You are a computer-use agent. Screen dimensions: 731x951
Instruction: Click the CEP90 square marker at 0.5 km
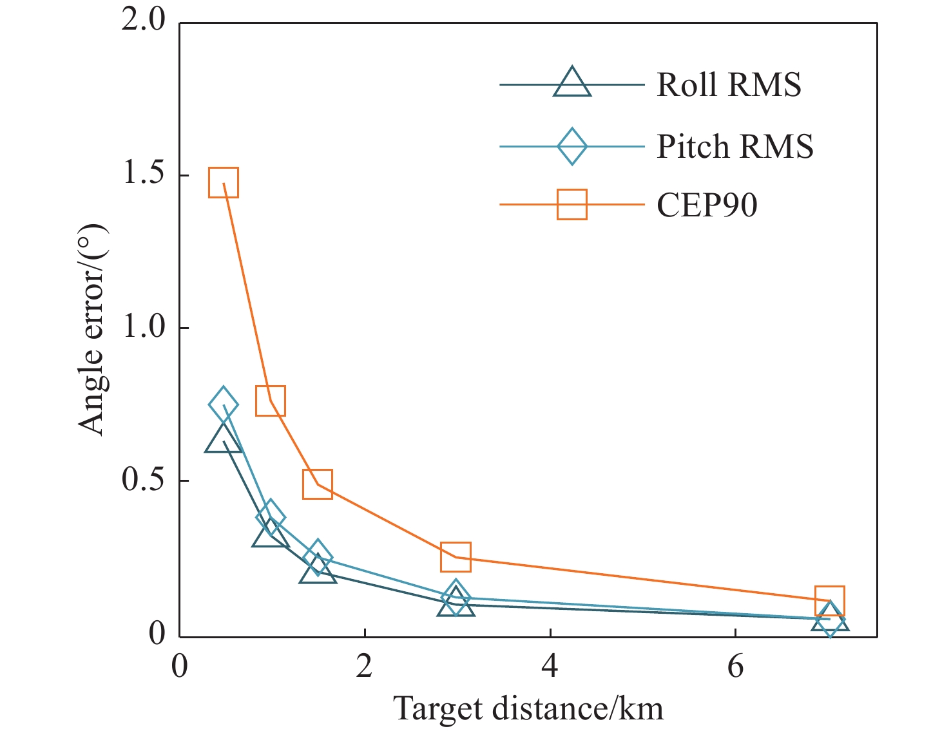[x=224, y=182]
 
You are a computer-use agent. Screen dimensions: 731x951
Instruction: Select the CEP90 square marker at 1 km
[x=271, y=401]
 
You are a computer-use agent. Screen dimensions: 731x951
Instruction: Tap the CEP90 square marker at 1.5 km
[x=317, y=484]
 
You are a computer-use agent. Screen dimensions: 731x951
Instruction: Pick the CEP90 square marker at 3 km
[x=456, y=557]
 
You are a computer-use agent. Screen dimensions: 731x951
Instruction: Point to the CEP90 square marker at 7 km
[x=830, y=600]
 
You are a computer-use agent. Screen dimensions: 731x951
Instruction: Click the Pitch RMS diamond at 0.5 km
[x=224, y=404]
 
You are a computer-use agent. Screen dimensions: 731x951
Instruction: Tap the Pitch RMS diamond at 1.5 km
[x=317, y=556]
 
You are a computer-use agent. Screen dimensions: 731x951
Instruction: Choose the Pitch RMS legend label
[x=735, y=146]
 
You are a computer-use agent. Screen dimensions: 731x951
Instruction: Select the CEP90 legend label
[x=707, y=205]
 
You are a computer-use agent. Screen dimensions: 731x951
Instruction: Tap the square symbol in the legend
[x=572, y=204]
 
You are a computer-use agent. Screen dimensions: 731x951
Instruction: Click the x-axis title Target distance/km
[x=528, y=708]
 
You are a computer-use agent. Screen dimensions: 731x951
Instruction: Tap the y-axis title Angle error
[x=91, y=328]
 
